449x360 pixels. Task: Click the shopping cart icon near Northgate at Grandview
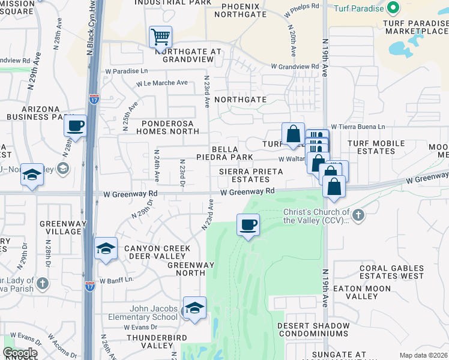click(160, 37)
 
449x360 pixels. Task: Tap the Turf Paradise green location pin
click(394, 8)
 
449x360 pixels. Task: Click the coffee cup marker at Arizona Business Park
click(75, 126)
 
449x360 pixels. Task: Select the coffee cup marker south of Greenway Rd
click(248, 226)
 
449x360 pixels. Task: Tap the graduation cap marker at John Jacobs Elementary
click(194, 308)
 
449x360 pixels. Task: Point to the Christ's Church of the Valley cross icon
click(358, 214)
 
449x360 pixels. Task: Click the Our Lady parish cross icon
click(42, 283)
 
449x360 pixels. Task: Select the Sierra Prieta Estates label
click(247, 175)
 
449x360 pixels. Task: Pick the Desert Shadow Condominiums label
click(313, 329)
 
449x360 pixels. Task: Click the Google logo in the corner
click(19, 353)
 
